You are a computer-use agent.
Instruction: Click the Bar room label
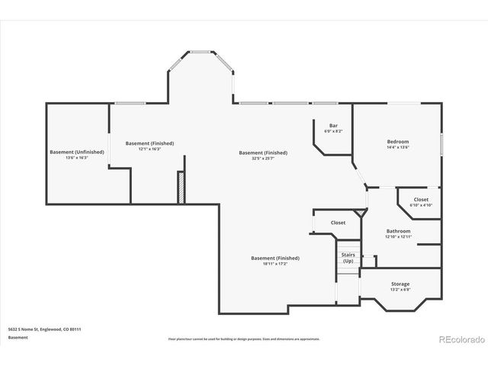click(x=333, y=125)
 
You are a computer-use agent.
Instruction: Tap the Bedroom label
click(x=397, y=141)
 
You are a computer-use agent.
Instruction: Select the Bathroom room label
click(x=398, y=231)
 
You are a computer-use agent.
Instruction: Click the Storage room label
click(x=400, y=284)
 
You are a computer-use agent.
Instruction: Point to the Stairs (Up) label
click(x=348, y=258)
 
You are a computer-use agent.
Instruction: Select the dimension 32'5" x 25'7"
click(x=263, y=158)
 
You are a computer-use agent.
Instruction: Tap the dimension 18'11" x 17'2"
click(x=274, y=263)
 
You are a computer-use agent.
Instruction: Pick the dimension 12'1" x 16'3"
click(x=149, y=149)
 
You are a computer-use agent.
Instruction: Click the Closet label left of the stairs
click(x=338, y=223)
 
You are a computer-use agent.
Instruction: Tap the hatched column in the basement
click(x=181, y=188)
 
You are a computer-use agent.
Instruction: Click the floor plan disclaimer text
click(x=244, y=338)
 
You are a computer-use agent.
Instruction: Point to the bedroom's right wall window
click(x=441, y=145)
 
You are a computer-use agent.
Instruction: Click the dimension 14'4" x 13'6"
click(x=397, y=147)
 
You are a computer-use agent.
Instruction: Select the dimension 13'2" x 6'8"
click(x=400, y=290)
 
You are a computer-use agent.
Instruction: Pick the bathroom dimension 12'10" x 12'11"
click(x=398, y=237)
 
